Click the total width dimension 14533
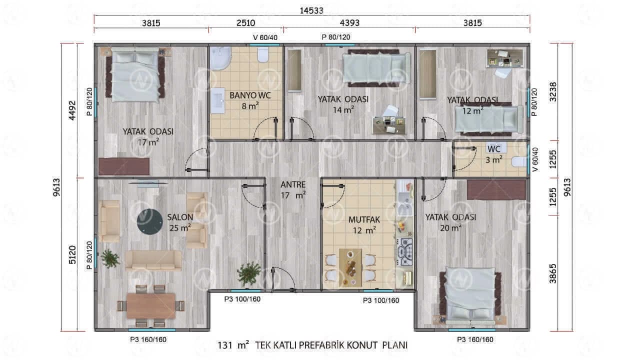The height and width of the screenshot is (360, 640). coord(311,10)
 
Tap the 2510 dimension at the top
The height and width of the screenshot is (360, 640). coord(245,23)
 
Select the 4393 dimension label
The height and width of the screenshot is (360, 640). coord(349,23)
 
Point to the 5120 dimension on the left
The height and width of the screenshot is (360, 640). coord(72,254)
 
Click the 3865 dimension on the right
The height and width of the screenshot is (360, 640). coord(553,273)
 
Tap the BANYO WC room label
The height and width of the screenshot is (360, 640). coord(250,95)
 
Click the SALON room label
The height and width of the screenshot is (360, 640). coord(180,217)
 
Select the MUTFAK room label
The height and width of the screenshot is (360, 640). coord(364,219)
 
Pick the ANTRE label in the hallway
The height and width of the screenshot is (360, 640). coord(293,184)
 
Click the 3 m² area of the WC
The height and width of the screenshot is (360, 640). coord(493,159)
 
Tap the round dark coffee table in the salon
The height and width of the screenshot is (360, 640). coord(149,221)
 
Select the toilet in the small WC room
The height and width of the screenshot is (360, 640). coord(519,162)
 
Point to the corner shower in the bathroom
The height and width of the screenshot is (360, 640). coord(220,58)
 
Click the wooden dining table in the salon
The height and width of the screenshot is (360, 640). coord(151,306)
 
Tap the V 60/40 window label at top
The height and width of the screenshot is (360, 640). coord(265,37)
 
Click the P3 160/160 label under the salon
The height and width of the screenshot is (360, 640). coord(148,339)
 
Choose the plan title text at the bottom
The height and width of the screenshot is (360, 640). coord(312,345)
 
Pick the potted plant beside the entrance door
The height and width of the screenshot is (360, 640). coord(249,274)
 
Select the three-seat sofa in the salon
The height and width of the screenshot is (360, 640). coord(153,260)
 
